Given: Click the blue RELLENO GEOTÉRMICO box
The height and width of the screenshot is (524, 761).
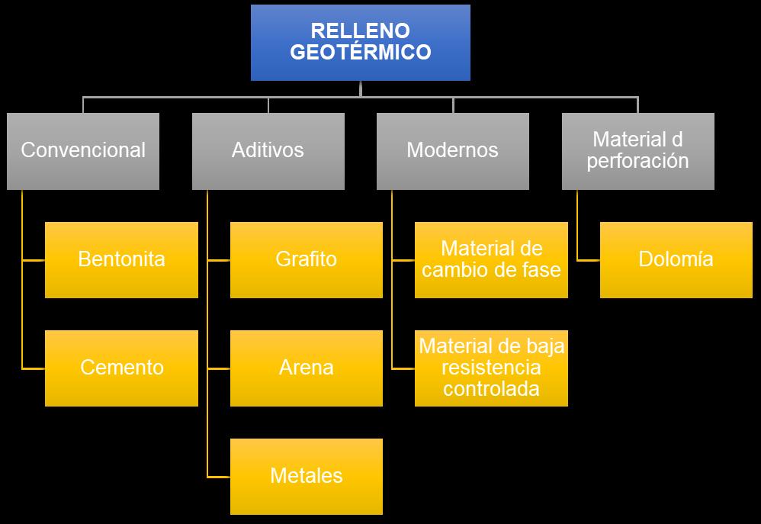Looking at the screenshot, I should (x=360, y=42).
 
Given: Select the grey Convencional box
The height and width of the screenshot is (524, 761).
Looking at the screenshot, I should (x=83, y=150).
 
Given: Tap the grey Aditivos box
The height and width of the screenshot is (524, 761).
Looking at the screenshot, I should (x=268, y=150).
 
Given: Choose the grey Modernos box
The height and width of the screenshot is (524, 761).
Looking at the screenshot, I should (x=452, y=150).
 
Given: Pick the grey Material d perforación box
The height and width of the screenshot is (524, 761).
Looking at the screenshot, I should (x=637, y=150).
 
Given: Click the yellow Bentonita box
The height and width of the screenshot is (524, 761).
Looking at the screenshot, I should (x=121, y=259).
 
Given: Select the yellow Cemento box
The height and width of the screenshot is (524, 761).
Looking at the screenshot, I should (x=121, y=368).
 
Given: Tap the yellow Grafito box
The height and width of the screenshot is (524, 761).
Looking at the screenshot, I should (x=306, y=259).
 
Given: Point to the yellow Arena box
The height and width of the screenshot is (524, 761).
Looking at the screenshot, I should (x=306, y=368).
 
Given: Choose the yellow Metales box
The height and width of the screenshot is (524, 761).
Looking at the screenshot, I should (x=306, y=476).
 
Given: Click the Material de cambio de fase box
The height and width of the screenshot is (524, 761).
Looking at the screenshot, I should (x=491, y=259).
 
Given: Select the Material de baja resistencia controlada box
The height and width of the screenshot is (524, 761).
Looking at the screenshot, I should (x=491, y=368).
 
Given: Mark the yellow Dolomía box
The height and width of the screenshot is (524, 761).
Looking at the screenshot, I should (x=676, y=259).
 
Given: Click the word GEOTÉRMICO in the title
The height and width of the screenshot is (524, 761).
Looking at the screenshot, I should (x=360, y=53).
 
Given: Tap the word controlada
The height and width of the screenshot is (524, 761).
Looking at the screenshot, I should (x=492, y=389).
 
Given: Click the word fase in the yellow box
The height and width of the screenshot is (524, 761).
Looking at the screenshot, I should (x=544, y=270).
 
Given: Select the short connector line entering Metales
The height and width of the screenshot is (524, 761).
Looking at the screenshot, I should (x=219, y=477).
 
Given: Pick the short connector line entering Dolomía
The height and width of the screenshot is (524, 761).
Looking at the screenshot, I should (x=589, y=260).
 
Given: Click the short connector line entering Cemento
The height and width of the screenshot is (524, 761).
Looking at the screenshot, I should (x=34, y=368).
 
